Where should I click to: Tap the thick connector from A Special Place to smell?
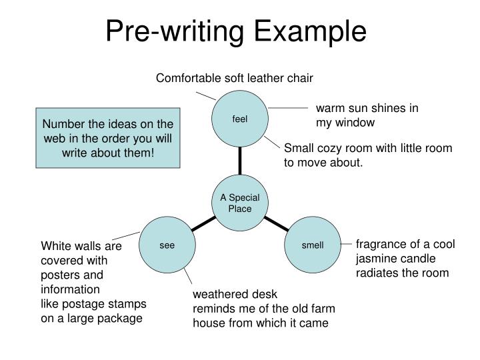(276, 224)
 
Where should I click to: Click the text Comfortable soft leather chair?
(234, 79)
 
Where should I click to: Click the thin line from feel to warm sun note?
(287, 107)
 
